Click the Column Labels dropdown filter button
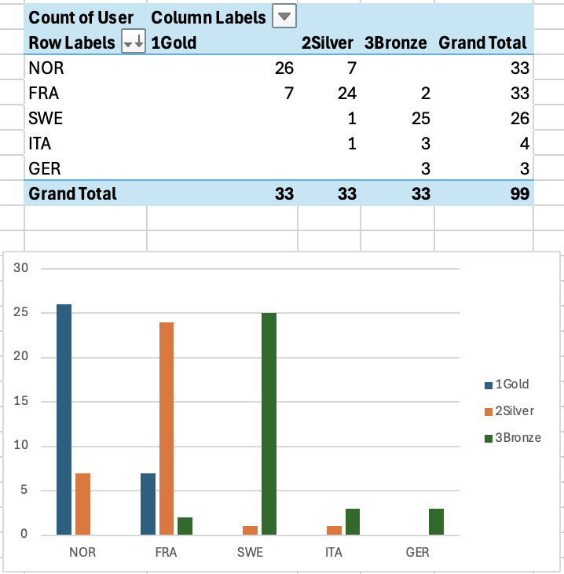tap(284, 17)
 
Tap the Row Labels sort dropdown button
tap(134, 43)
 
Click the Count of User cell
tap(81, 17)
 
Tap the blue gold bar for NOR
tap(64, 419)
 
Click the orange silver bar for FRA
tap(166, 429)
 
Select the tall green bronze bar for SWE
tap(269, 424)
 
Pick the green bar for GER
tap(437, 521)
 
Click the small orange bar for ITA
tap(334, 530)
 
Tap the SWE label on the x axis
tap(251, 553)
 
